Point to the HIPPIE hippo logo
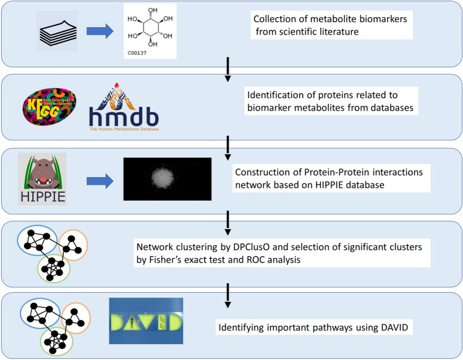[42, 180]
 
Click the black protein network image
[164, 179]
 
